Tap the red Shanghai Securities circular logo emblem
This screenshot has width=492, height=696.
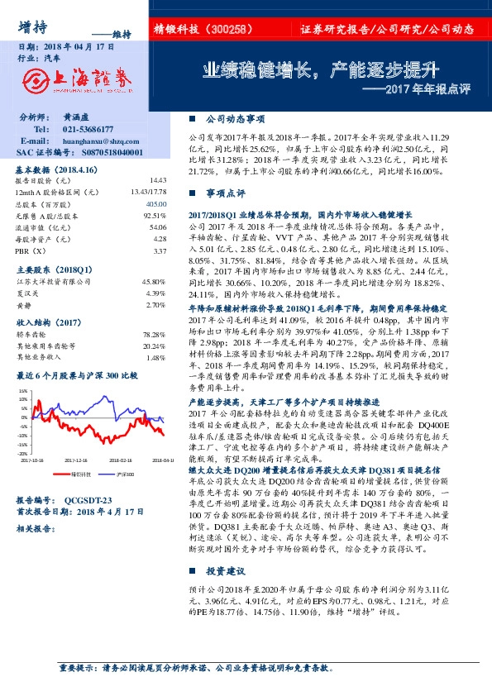pyautogui.click(x=35, y=80)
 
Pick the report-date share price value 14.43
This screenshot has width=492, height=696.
pyautogui.click(x=158, y=179)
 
